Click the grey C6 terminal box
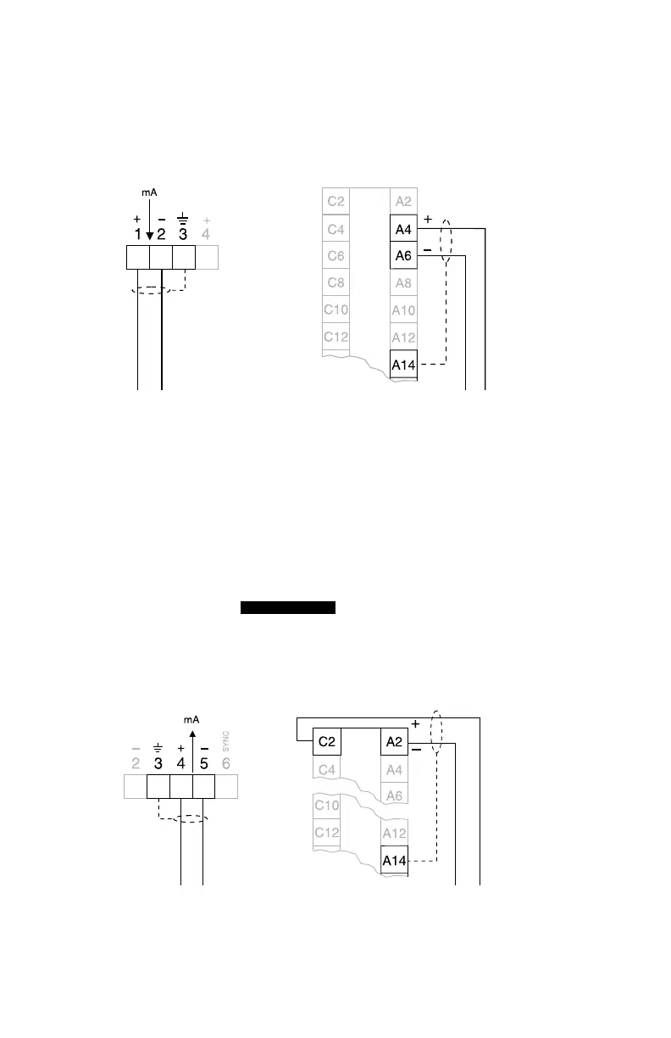[x=335, y=256]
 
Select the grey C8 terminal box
[x=335, y=283]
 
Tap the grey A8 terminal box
[x=403, y=283]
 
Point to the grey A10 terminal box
[x=403, y=310]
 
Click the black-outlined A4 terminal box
[x=403, y=229]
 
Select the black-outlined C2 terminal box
[x=327, y=742]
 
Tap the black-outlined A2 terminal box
[x=395, y=742]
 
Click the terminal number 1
[x=137, y=233]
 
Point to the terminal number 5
[x=204, y=762]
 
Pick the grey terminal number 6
[x=226, y=762]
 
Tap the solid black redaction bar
[x=289, y=607]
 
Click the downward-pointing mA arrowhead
[x=149, y=235]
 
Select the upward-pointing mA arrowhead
[x=192, y=735]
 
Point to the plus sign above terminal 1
[x=137, y=219]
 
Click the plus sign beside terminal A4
[x=427, y=219]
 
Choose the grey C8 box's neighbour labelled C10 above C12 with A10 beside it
[x=335, y=310]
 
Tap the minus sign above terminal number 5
[x=204, y=749]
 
